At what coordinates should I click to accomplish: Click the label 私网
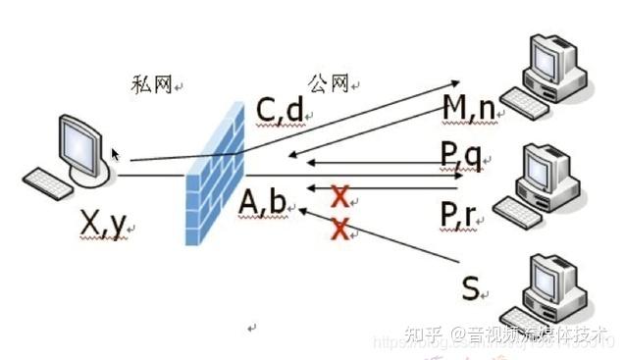tap(151, 85)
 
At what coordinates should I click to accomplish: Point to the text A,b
tap(262, 201)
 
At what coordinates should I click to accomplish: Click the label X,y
tap(103, 225)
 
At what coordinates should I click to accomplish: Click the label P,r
tap(461, 213)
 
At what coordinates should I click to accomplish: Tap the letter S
tap(471, 288)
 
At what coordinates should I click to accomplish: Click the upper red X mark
tap(339, 196)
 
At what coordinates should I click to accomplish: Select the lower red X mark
tap(340, 230)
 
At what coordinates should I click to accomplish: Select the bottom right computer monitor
tap(553, 280)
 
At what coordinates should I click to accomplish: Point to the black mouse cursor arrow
tap(116, 155)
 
